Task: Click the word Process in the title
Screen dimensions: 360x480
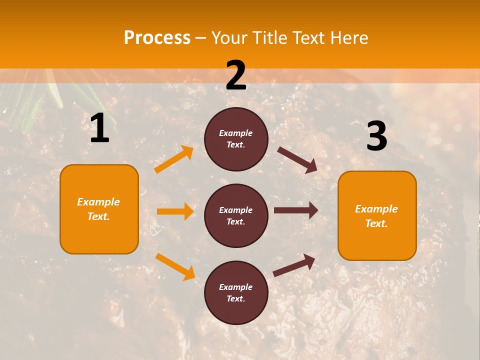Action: [157, 37]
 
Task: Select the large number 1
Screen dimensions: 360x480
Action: [99, 128]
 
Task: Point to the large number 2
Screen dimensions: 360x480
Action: [236, 75]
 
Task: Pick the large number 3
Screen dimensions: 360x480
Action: [376, 136]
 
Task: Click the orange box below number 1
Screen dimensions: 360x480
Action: [99, 209]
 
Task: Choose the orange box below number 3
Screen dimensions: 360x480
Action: [377, 216]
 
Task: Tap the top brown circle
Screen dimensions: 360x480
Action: [236, 139]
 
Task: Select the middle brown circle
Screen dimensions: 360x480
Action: [236, 215]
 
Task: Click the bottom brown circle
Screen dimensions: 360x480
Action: [236, 292]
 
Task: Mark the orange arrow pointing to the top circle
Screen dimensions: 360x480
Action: [174, 159]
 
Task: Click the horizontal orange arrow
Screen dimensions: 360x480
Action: [175, 211]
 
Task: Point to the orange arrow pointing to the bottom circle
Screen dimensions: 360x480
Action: [175, 266]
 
